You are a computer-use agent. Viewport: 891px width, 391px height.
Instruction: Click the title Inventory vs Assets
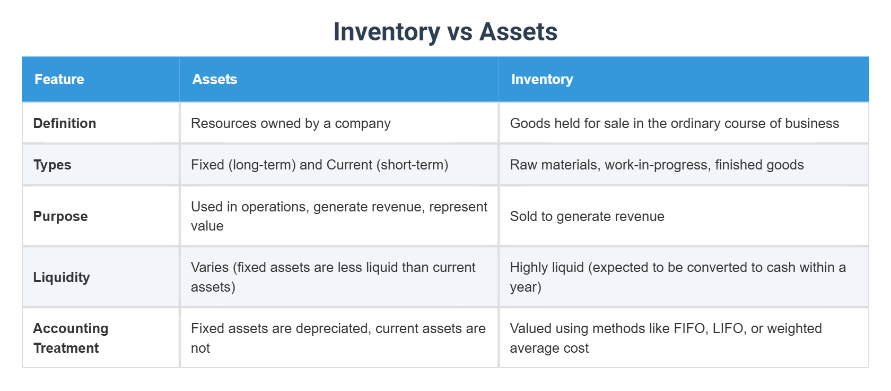(445, 32)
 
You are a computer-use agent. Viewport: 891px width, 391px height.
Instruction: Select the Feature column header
(59, 79)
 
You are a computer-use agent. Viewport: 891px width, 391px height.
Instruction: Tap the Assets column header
(214, 79)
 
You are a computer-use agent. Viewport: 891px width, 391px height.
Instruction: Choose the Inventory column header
(541, 79)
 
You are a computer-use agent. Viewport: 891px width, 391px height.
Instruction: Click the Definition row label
(65, 123)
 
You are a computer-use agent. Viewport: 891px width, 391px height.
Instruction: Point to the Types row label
(52, 165)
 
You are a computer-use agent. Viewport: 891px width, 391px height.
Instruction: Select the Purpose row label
(60, 216)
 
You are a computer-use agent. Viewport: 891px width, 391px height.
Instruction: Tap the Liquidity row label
(62, 277)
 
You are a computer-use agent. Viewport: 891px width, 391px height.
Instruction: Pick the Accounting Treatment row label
(71, 338)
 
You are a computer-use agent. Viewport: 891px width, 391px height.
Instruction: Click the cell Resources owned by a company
(291, 123)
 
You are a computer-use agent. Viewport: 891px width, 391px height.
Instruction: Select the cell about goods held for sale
(674, 123)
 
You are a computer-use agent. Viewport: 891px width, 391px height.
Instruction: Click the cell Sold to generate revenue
(587, 216)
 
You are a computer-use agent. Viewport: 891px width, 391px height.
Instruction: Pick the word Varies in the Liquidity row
(209, 267)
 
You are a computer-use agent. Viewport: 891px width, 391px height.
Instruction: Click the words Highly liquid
(546, 267)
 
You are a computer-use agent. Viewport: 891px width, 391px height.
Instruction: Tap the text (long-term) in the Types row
(262, 165)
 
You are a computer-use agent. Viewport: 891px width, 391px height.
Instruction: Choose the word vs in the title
(459, 32)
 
